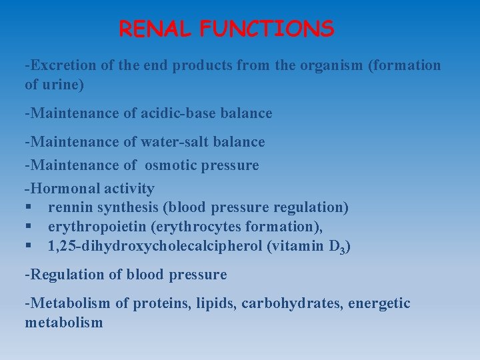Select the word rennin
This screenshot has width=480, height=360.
point(71,208)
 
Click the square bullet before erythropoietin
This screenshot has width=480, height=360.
point(29,227)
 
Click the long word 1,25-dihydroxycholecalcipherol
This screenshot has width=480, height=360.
point(155,247)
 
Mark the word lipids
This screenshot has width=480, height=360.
point(215,304)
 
